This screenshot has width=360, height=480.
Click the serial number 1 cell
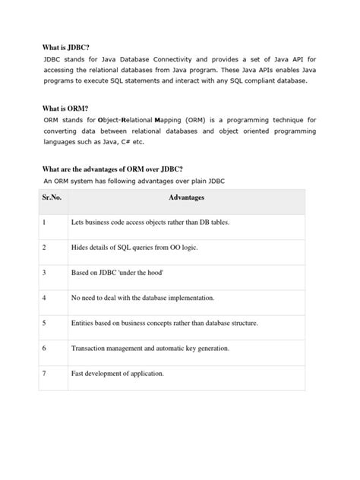click(45, 223)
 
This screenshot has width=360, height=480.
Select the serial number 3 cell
click(45, 273)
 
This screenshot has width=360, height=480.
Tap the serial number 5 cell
click(45, 323)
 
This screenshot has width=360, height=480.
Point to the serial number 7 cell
click(45, 373)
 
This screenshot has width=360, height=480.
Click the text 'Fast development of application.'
click(118, 373)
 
